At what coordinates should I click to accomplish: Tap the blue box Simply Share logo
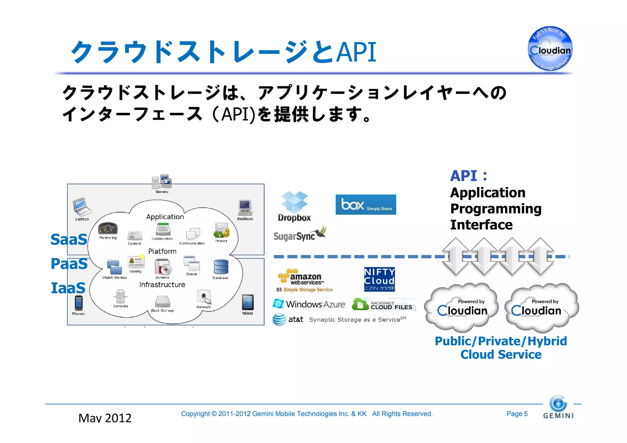[x=366, y=205]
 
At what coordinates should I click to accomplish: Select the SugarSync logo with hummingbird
[x=299, y=235]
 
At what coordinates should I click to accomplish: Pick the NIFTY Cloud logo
[x=379, y=279]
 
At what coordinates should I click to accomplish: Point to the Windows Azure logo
[x=309, y=304]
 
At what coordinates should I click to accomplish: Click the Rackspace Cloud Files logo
[x=384, y=305]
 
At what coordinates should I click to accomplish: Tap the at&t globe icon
[x=279, y=320]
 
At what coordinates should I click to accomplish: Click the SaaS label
[x=69, y=239]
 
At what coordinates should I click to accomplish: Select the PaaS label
[x=69, y=264]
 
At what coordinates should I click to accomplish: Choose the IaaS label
[x=68, y=288]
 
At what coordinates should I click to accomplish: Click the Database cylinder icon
[x=221, y=267]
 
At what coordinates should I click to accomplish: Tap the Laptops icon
[x=81, y=207]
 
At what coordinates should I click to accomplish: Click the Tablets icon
[x=247, y=302]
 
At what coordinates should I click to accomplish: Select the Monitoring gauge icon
[x=108, y=229]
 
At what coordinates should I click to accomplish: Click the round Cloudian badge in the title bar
[x=550, y=49]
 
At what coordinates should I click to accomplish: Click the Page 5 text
[x=517, y=414]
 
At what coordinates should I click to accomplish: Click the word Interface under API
[x=481, y=225]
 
